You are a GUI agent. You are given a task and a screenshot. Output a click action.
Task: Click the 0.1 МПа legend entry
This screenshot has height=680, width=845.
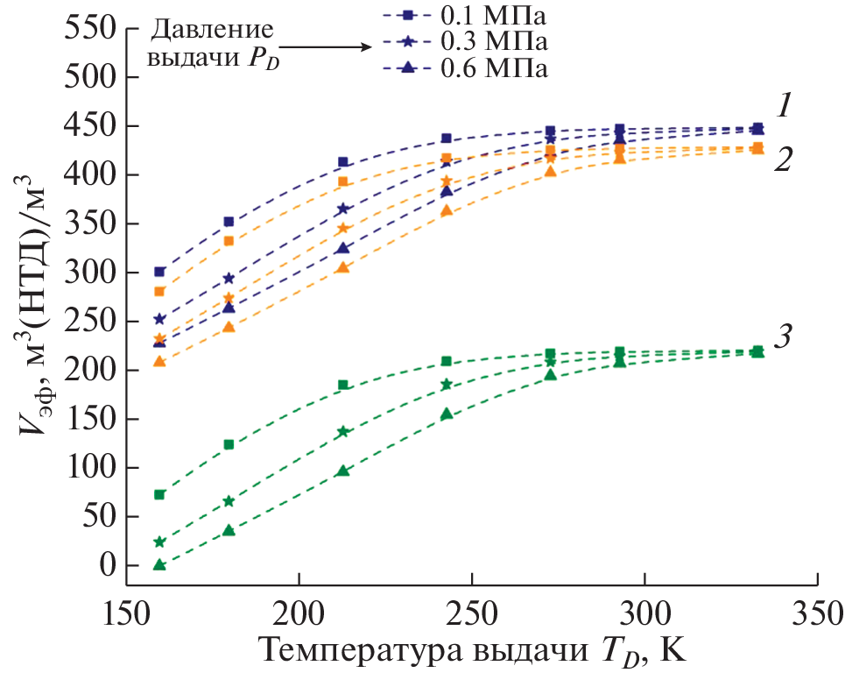pyautogui.click(x=464, y=15)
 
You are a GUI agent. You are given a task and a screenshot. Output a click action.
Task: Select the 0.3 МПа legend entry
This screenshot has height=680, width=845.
pyautogui.click(x=464, y=41)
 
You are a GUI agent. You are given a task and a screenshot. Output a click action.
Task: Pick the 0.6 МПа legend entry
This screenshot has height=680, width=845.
pyautogui.click(x=464, y=68)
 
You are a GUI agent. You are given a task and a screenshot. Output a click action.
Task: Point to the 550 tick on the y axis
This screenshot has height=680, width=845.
pyautogui.click(x=91, y=29)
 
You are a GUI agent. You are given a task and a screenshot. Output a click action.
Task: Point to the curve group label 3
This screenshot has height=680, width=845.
pyautogui.click(x=785, y=336)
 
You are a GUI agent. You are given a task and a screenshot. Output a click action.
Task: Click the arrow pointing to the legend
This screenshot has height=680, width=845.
pyautogui.click(x=324, y=49)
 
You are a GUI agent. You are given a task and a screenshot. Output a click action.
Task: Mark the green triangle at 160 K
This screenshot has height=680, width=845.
pyautogui.click(x=159, y=564)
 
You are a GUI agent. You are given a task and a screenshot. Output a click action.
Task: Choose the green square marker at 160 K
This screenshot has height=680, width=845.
pyautogui.click(x=159, y=494)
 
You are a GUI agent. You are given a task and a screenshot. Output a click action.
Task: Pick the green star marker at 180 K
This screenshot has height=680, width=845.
pyautogui.click(x=229, y=501)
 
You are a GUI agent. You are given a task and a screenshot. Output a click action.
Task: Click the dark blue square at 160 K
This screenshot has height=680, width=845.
pyautogui.click(x=159, y=272)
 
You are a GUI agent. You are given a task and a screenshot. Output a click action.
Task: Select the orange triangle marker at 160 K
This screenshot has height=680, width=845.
pyautogui.click(x=159, y=361)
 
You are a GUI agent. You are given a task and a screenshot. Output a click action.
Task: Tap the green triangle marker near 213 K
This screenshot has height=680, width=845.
pyautogui.click(x=343, y=471)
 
